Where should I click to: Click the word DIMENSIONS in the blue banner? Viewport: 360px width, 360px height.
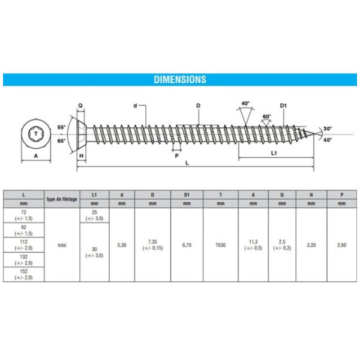(x=180, y=79)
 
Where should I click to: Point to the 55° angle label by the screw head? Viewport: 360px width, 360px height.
(x=61, y=127)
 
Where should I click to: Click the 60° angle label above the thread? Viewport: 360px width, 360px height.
(x=267, y=116)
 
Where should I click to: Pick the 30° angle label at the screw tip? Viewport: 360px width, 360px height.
(x=327, y=128)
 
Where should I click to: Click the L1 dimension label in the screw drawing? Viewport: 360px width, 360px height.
(x=274, y=153)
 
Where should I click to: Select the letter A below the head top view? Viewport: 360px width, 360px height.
(x=36, y=155)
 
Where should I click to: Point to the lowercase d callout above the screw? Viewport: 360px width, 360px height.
(x=136, y=106)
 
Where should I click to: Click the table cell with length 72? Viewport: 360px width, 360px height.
(x=24, y=215)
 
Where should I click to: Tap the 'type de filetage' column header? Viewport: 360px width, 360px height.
(x=62, y=199)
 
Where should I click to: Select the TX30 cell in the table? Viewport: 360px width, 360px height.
(x=221, y=245)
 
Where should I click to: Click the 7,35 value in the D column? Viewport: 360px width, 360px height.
(x=152, y=245)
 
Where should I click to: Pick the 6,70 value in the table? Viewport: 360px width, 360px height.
(x=187, y=245)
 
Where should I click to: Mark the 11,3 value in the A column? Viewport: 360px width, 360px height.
(x=253, y=245)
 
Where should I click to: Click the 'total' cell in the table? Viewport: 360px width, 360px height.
(x=62, y=245)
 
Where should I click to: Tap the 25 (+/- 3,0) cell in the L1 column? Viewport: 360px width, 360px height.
(x=94, y=215)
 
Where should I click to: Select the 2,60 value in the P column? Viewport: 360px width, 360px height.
(x=341, y=245)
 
